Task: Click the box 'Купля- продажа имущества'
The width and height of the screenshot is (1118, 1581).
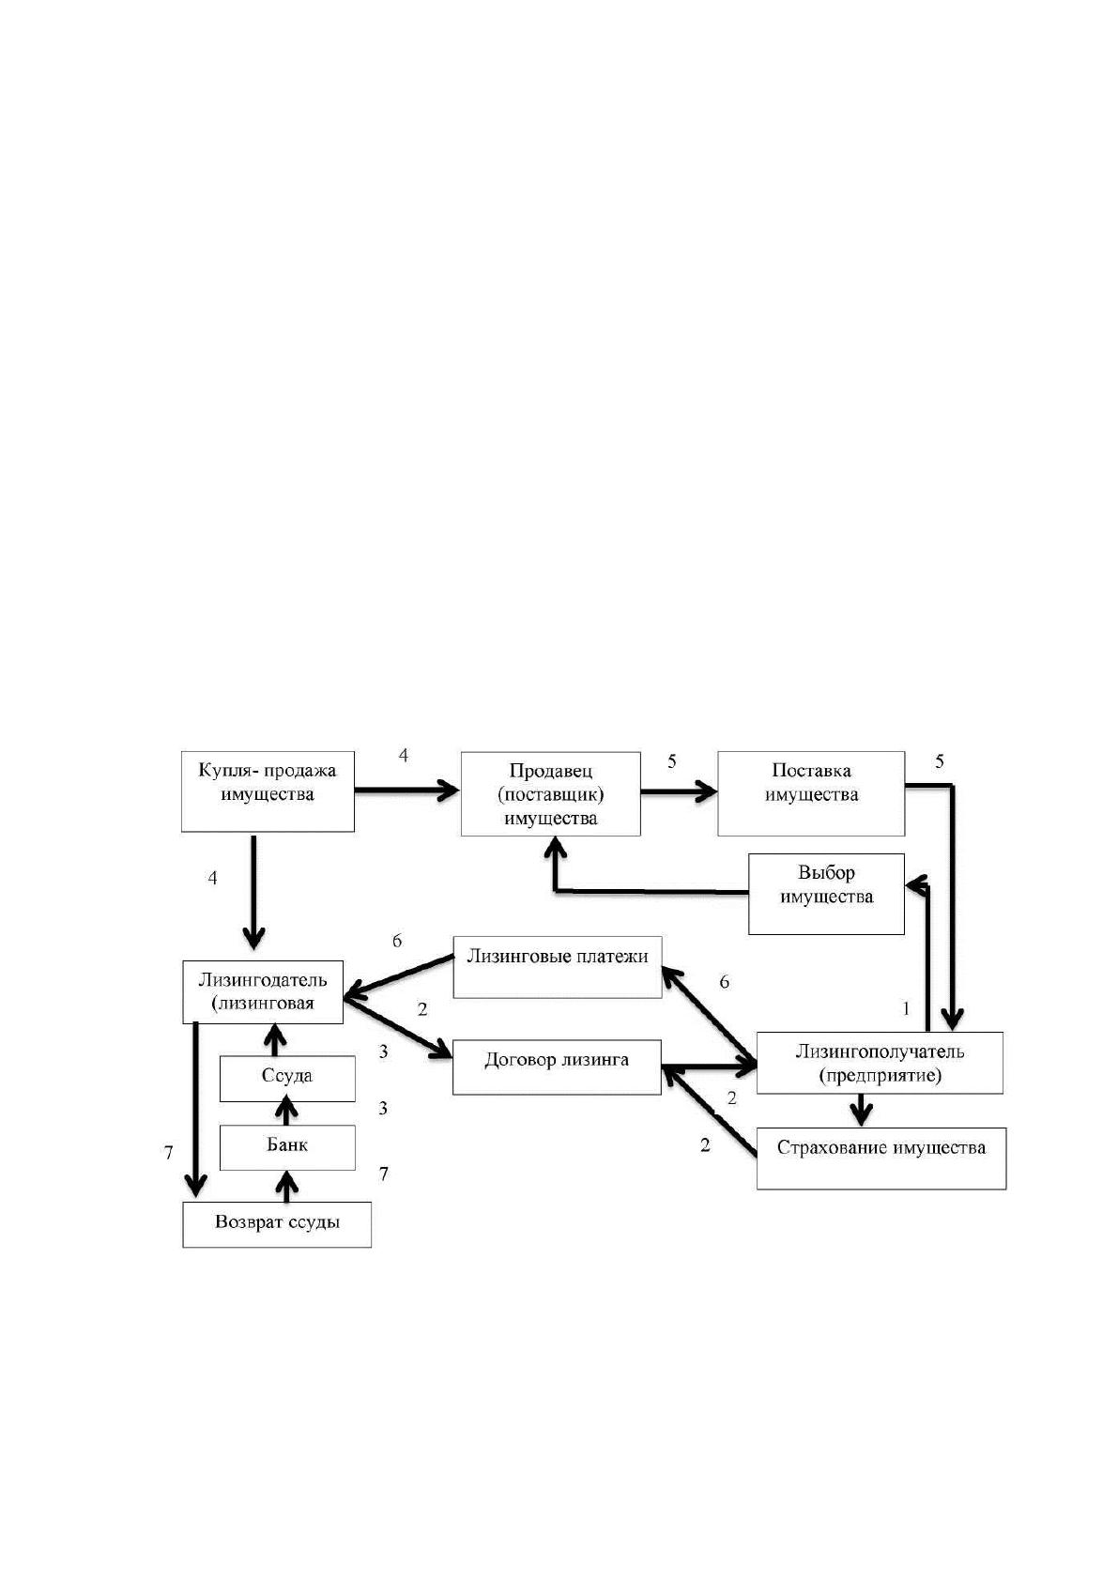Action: [268, 791]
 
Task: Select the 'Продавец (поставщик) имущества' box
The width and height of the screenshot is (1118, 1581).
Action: [550, 794]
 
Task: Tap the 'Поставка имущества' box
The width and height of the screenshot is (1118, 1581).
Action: [811, 794]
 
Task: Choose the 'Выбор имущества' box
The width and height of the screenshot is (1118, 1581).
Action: [826, 895]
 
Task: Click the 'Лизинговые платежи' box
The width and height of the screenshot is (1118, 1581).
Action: [557, 967]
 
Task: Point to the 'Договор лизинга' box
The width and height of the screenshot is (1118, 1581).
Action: [556, 1067]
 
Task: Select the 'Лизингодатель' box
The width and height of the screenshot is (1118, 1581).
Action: [263, 991]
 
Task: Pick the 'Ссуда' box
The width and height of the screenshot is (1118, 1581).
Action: [287, 1079]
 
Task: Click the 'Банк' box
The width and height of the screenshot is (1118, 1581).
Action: [287, 1147]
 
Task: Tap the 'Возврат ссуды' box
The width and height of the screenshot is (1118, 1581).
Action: [277, 1224]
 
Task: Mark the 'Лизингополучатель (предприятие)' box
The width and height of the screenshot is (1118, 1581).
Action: [880, 1063]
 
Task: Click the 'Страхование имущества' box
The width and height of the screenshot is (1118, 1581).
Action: [881, 1159]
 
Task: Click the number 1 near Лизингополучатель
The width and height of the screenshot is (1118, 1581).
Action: [906, 1009]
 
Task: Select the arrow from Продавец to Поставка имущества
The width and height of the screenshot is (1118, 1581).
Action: [679, 791]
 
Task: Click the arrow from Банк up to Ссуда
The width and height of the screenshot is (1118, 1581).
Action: [286, 1113]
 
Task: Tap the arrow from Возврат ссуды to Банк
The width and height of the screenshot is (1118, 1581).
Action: [286, 1187]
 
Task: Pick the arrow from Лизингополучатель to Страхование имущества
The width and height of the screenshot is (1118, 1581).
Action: [861, 1111]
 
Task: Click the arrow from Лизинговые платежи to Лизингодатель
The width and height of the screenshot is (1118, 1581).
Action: [398, 977]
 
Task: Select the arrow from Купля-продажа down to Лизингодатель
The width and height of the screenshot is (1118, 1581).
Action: [253, 892]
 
